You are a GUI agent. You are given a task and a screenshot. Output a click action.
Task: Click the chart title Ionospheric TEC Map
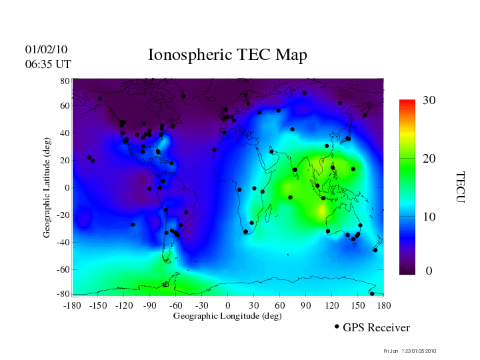[227, 55]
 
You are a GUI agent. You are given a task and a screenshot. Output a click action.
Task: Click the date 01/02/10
[46, 49]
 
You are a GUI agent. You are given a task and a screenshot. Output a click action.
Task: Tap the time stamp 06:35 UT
[48, 64]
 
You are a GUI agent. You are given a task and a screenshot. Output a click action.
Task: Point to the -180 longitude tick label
[71, 305]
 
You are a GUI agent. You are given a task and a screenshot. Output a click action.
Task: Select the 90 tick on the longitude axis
[305, 305]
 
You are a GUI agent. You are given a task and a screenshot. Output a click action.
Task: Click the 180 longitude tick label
[383, 305]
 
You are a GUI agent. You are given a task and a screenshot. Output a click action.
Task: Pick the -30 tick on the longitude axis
[201, 305]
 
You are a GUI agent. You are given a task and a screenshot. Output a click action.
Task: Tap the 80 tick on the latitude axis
[65, 81]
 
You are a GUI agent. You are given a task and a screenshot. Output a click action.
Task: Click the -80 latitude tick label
[64, 294]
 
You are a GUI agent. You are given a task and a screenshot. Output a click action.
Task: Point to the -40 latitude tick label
[64, 243]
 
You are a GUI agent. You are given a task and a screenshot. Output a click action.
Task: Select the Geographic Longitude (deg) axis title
[227, 316]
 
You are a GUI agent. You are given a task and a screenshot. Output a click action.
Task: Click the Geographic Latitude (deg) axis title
[47, 192]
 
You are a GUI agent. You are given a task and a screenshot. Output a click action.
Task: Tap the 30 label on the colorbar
[429, 101]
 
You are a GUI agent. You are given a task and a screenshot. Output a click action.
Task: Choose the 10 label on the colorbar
[429, 217]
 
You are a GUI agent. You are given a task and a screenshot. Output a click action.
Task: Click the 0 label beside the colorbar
[429, 271]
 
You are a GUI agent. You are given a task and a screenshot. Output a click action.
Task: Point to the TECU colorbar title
[460, 187]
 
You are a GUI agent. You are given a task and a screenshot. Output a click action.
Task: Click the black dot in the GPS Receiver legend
[337, 327]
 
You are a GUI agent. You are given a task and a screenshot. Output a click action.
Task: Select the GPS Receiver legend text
[376, 327]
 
